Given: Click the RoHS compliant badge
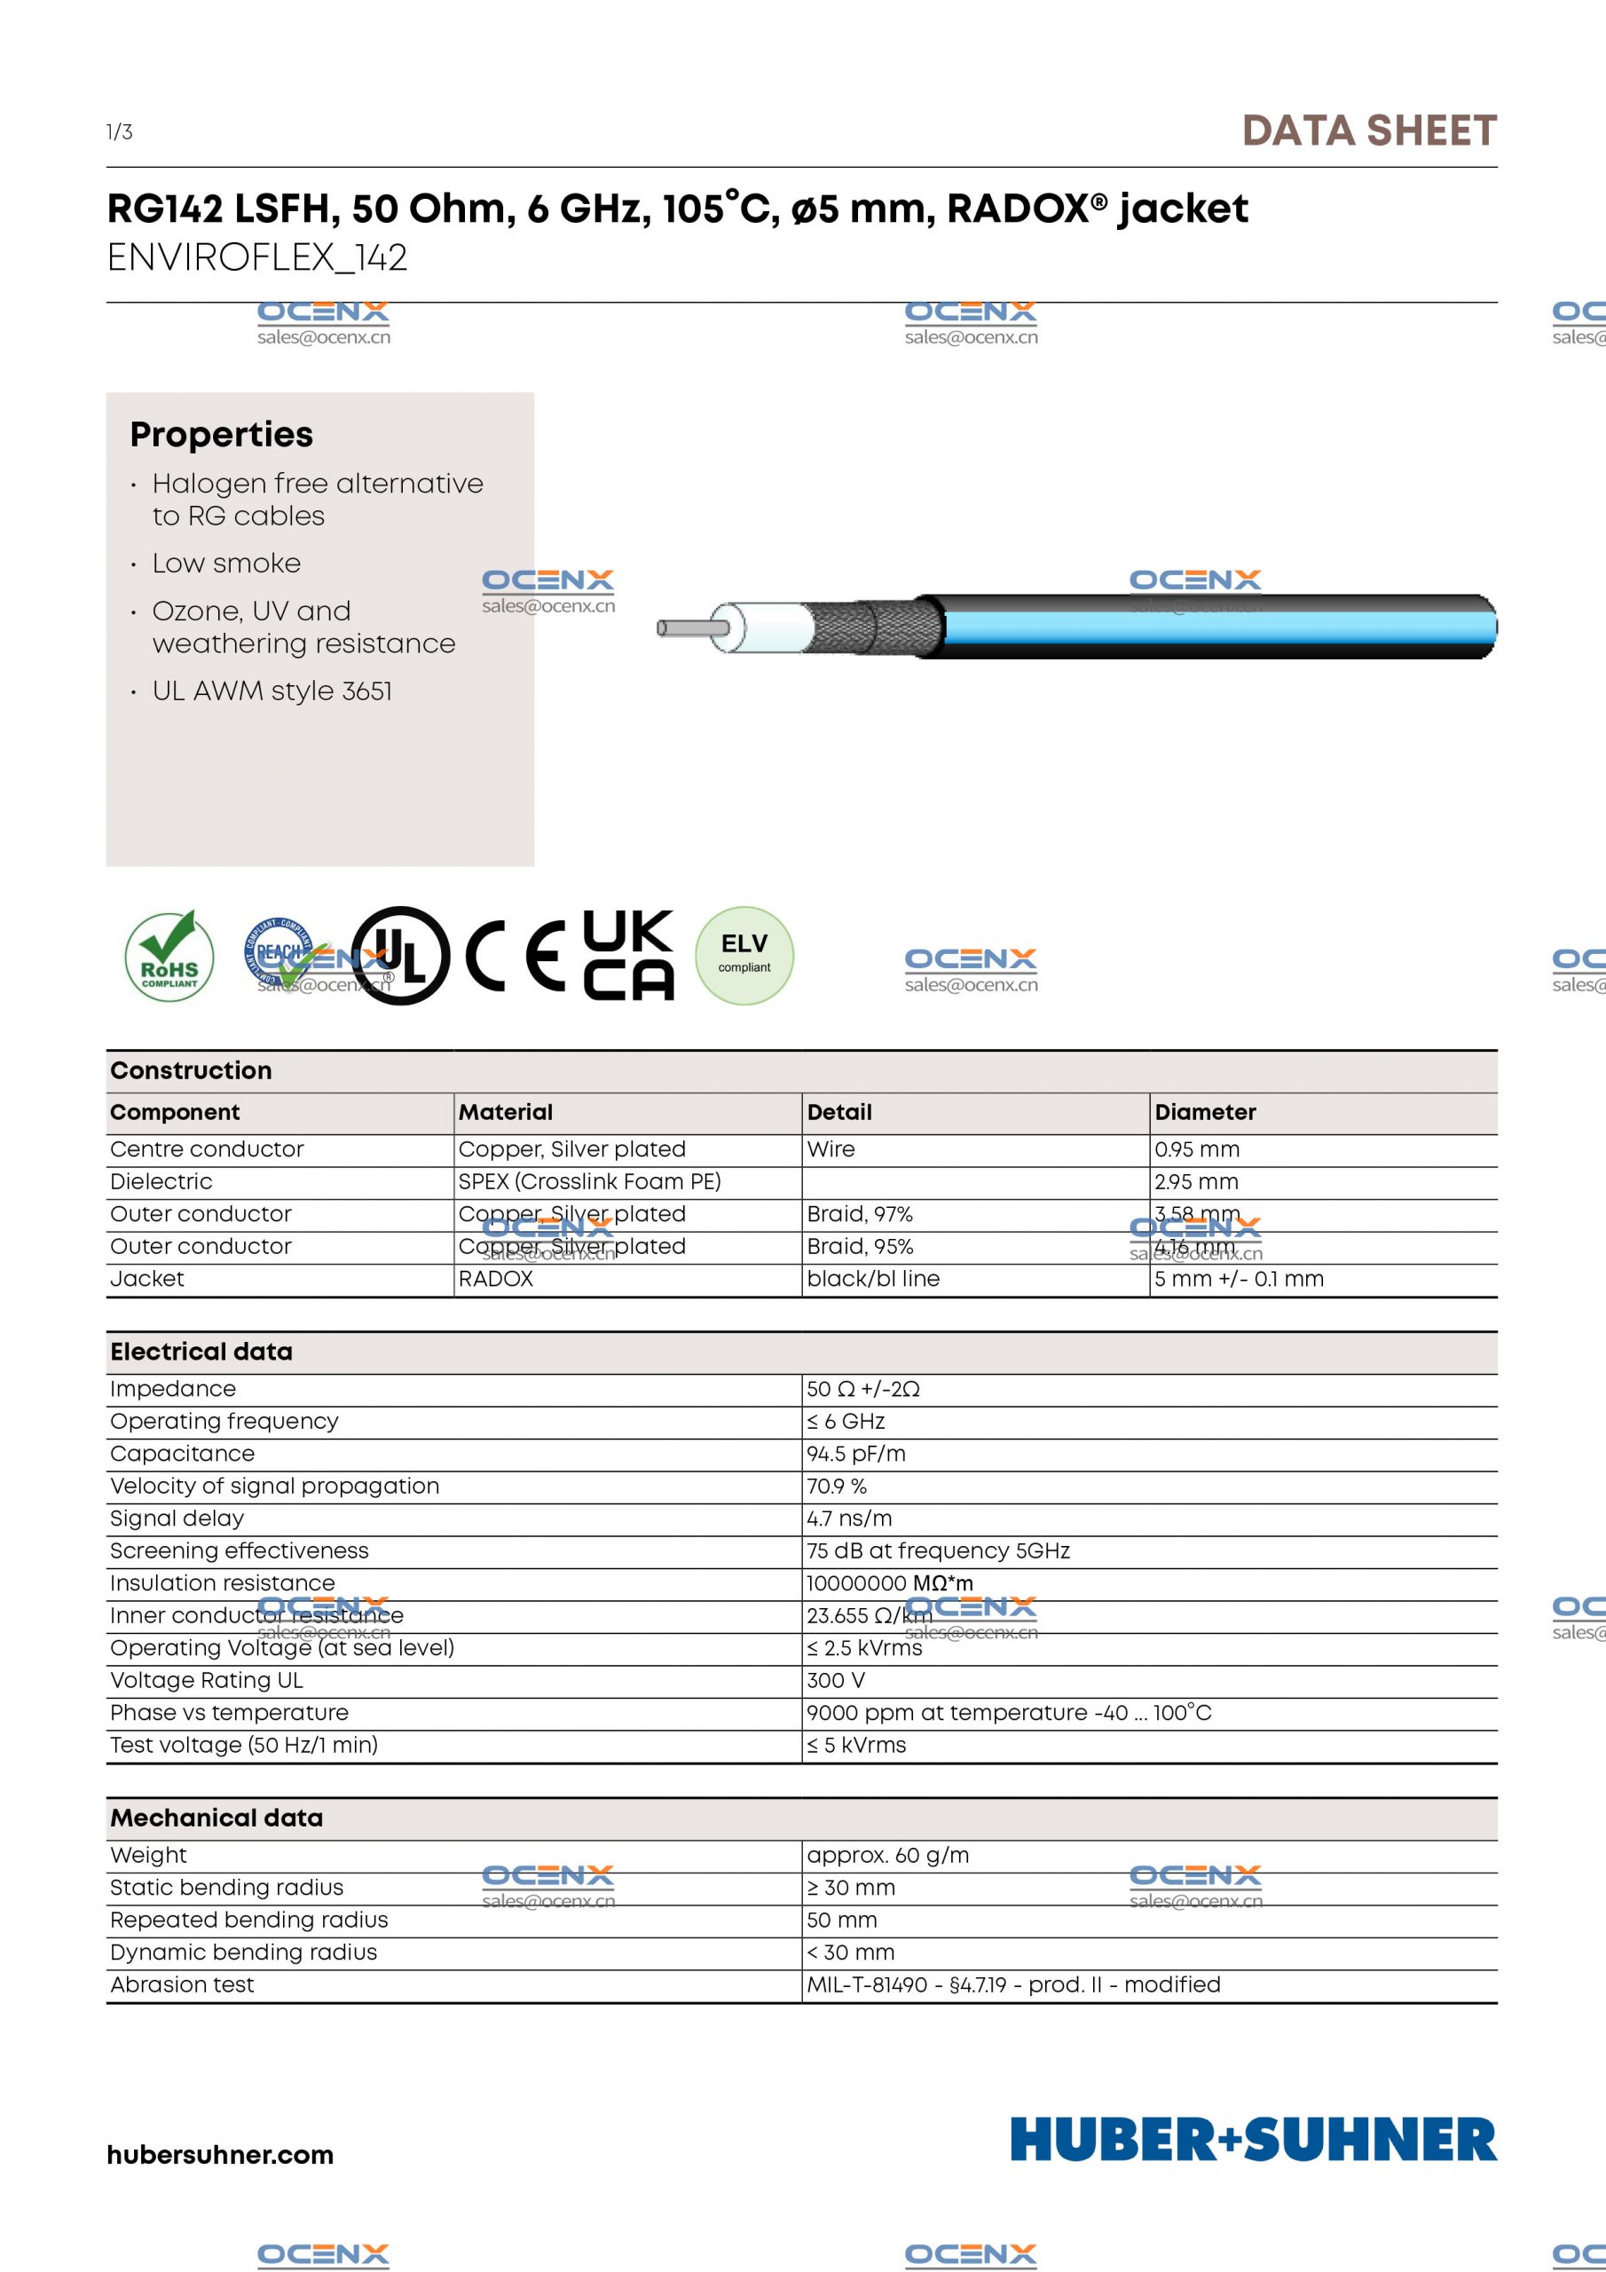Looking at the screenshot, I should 169,955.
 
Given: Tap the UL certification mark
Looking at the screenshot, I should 401,956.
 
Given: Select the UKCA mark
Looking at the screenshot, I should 627,955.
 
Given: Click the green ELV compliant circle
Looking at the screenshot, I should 744,955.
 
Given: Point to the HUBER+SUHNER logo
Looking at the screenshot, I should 1253,2141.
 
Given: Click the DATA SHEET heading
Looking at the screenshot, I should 1368,131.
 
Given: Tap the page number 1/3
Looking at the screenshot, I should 120,131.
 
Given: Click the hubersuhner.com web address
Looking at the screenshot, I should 220,2154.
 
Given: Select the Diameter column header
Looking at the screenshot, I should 1204,1112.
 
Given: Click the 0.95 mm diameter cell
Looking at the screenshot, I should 1196,1148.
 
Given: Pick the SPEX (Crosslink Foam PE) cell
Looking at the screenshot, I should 589,1181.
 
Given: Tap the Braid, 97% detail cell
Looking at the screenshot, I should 859,1214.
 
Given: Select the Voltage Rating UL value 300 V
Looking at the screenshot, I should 835,1680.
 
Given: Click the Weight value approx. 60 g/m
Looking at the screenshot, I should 887,1856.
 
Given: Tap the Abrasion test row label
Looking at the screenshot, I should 182,1985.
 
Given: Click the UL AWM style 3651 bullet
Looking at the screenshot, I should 272,690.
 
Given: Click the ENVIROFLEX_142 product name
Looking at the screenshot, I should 257,258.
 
